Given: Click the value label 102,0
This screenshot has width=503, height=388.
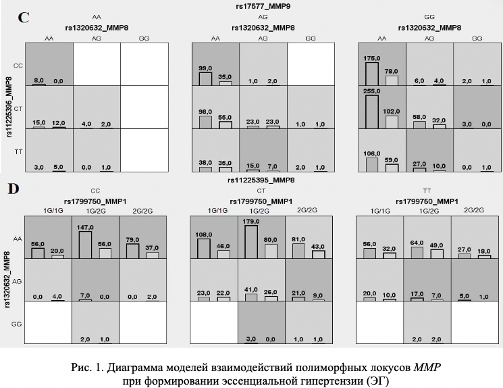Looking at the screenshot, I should point(392,112).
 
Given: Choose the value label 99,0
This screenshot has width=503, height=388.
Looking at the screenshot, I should point(205,69).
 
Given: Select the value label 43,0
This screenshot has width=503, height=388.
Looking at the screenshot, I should point(317,248).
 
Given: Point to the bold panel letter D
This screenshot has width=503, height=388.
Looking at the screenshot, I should point(13,189).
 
